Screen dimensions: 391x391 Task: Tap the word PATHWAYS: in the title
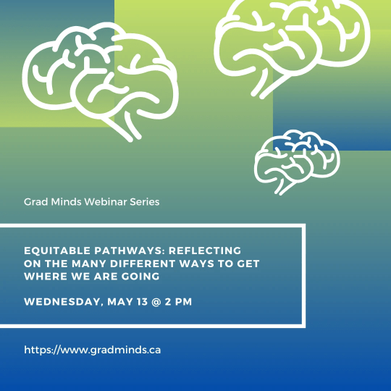(x=130, y=251)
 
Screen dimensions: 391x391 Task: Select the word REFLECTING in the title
(x=205, y=251)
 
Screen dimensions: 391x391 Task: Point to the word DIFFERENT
(x=143, y=264)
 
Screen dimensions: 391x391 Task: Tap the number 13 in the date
(x=142, y=302)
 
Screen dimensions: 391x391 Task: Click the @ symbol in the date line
(x=156, y=302)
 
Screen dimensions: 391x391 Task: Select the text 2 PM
(x=178, y=302)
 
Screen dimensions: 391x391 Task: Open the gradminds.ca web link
(x=93, y=350)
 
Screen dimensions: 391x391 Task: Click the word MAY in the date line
(x=120, y=302)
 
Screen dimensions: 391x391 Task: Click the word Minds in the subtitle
(x=66, y=202)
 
